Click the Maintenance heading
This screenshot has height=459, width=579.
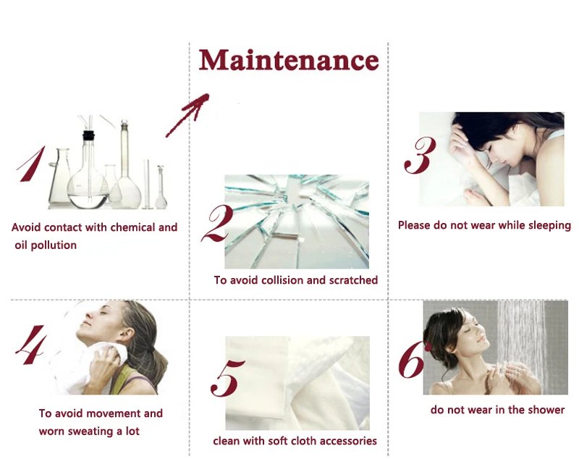pos(289,60)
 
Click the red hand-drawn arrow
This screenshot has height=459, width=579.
pos(187,115)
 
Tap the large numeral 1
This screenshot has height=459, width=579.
pos(31,164)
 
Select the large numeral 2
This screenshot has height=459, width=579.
pos(218,224)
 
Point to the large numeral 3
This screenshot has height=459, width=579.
pos(420,155)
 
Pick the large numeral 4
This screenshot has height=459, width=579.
pos(31,345)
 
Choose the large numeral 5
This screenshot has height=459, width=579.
pos(227,378)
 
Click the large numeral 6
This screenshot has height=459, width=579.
pos(414,359)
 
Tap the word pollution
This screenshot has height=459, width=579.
pos(54,245)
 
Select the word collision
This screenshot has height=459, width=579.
pos(282,280)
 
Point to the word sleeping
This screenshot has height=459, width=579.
pos(549,226)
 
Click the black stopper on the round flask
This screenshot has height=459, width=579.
pos(88,135)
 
